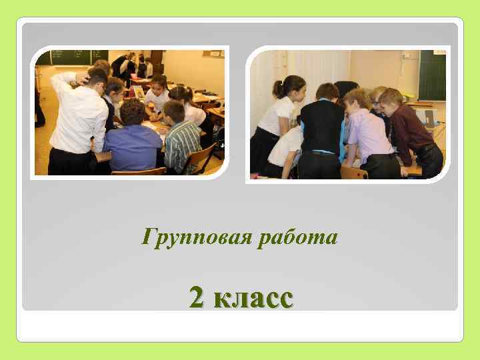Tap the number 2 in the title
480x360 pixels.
tap(197, 297)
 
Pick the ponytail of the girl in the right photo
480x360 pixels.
tap(278, 89)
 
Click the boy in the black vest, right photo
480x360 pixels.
tap(321, 130)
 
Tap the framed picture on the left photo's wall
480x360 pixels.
tap(213, 53)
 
